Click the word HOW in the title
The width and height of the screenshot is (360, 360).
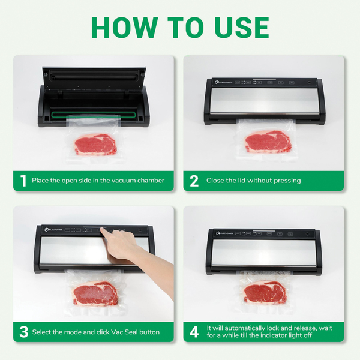125,28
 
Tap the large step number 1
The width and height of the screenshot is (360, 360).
23,181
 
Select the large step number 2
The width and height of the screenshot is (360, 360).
194,181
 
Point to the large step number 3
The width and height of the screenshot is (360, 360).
24,332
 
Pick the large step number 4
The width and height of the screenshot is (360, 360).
194,332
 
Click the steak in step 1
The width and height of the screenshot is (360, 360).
95,145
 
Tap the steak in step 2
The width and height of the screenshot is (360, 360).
268,142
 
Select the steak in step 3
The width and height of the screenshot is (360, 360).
96,293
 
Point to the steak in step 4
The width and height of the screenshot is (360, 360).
265,292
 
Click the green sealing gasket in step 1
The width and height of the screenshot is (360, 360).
93,115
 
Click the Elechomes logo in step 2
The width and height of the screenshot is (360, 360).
224,82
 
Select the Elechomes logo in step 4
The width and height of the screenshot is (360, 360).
224,233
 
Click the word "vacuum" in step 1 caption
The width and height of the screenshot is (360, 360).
124,181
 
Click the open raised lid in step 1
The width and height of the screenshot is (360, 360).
94,78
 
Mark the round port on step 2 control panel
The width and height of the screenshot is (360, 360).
309,82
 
